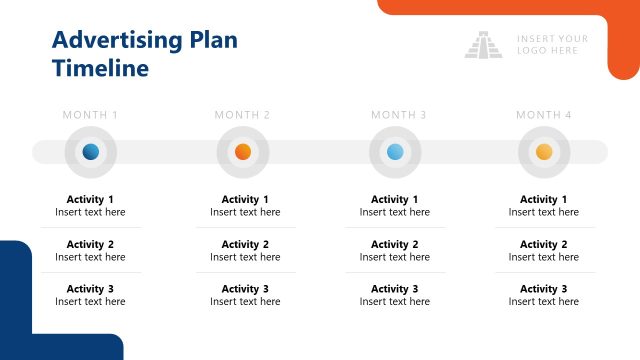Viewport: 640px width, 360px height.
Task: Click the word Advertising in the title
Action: point(117,41)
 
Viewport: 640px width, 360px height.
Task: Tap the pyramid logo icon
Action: point(484,45)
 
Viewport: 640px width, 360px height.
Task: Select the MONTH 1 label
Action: point(90,115)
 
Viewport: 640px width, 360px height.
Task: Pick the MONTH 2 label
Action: point(242,115)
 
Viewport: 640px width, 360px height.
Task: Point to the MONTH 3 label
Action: point(399,115)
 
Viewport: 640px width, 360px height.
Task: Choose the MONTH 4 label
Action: point(544,115)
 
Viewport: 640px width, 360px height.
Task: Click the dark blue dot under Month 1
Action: point(91,152)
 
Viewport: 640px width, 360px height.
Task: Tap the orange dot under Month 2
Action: point(242,152)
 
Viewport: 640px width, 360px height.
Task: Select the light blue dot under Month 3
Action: point(395,152)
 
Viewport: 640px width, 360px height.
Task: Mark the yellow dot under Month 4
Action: point(544,152)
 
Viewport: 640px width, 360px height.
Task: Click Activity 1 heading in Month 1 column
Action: point(90,199)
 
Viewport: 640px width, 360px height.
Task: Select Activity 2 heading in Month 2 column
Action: point(245,244)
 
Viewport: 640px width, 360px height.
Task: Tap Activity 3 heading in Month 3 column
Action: point(394,289)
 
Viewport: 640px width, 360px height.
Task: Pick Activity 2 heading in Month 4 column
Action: point(543,244)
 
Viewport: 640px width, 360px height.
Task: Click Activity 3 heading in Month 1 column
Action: point(90,289)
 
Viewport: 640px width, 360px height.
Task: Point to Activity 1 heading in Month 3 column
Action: point(394,199)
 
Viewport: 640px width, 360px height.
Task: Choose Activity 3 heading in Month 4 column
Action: point(543,289)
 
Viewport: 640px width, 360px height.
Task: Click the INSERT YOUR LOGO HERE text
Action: point(552,45)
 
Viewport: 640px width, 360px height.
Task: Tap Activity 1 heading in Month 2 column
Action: point(245,199)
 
